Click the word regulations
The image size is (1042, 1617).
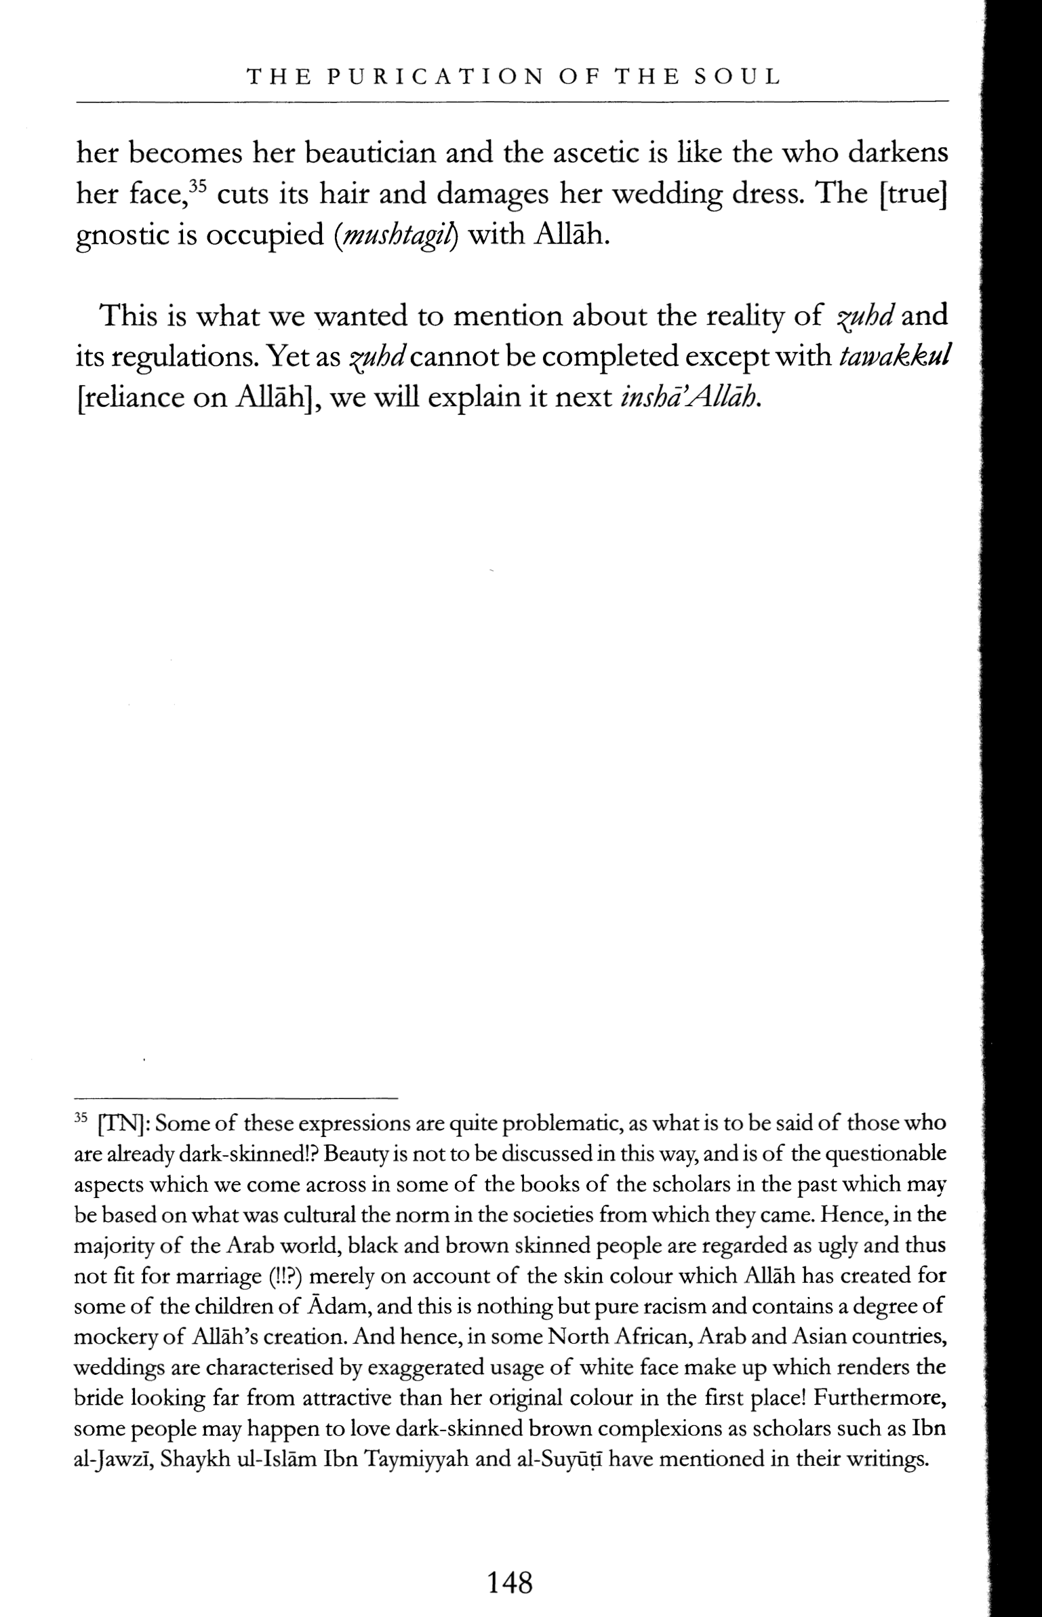coord(184,357)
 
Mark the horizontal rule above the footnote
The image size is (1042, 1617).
coord(235,1098)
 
